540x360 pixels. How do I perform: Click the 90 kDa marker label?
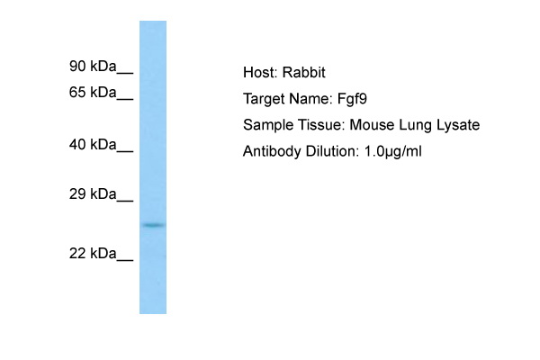click(x=93, y=66)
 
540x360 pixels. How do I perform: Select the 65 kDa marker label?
click(x=93, y=93)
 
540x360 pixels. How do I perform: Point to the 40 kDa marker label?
click(x=93, y=144)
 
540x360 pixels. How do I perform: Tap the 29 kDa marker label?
click(x=93, y=194)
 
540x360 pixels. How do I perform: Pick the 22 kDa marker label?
click(x=93, y=254)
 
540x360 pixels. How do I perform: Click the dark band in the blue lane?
click(x=153, y=225)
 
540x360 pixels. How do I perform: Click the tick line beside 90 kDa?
click(x=125, y=73)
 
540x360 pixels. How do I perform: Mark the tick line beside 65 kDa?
click(x=125, y=99)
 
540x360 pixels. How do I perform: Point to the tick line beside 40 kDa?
click(x=125, y=151)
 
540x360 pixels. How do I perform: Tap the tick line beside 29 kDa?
click(x=125, y=202)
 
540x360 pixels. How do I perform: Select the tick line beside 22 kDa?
click(x=125, y=260)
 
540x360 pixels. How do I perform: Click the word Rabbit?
click(x=304, y=72)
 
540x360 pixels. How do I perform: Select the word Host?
click(x=260, y=72)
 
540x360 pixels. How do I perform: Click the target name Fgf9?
click(x=352, y=99)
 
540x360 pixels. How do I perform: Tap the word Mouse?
click(x=372, y=125)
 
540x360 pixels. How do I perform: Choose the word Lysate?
click(x=458, y=125)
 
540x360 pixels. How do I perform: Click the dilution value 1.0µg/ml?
click(x=392, y=151)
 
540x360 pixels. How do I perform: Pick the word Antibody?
click(x=272, y=151)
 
